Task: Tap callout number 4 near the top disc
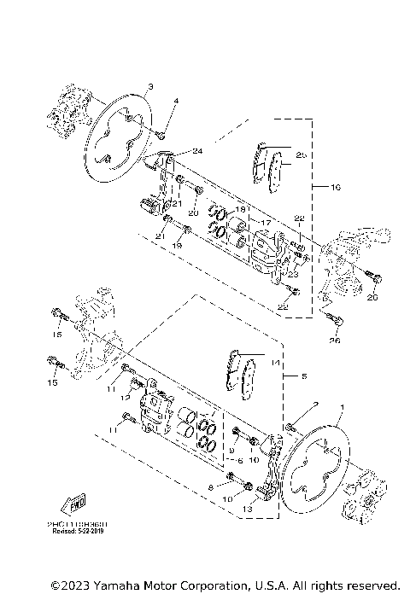175,102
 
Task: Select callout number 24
197,151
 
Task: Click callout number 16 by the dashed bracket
335,184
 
